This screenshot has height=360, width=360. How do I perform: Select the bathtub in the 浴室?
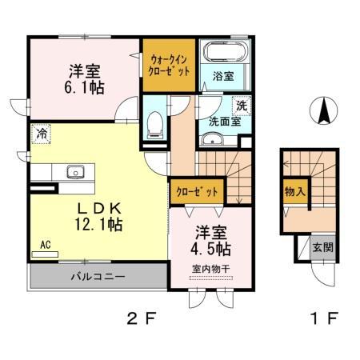224,54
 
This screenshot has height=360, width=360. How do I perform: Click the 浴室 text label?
223,77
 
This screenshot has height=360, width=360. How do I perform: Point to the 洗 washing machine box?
240,106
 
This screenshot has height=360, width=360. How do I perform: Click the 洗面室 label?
225,122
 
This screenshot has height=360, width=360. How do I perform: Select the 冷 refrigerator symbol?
38,135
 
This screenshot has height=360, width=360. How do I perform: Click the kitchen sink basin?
77,171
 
